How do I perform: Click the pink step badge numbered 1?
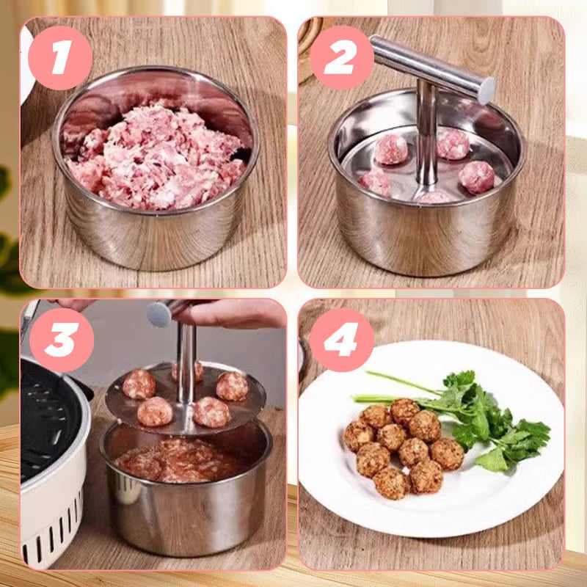click(59, 58)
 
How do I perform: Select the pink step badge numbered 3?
click(62, 341)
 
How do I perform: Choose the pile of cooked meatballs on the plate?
click(400, 448)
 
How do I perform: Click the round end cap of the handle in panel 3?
click(159, 314)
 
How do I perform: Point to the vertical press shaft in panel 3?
click(186, 360)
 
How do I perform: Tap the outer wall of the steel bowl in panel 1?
click(154, 235)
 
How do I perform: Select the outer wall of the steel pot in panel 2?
click(426, 235)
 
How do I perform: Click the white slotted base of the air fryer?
click(51, 528)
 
